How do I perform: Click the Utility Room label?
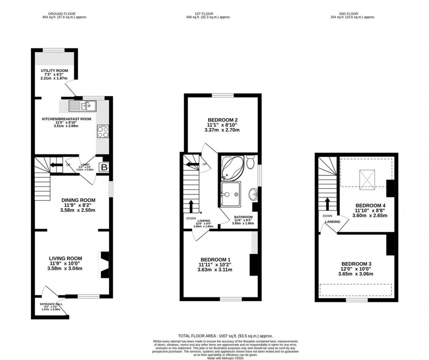(x=54, y=70)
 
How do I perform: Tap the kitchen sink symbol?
(x=83, y=106)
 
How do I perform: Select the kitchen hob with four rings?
(x=103, y=132)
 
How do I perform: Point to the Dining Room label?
(x=78, y=200)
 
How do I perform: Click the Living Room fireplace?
(x=104, y=265)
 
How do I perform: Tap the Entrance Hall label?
(x=50, y=304)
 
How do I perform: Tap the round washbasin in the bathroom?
(x=253, y=194)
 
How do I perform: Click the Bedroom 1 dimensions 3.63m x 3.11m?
(x=215, y=269)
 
